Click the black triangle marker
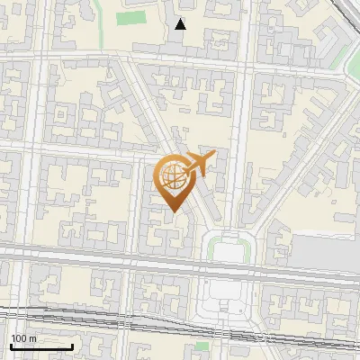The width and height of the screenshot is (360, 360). click(x=181, y=24)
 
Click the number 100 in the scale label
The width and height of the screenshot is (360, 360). click(x=19, y=338)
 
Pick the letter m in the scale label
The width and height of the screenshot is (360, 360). click(x=32, y=338)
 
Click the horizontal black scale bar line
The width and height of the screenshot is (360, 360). click(x=41, y=346)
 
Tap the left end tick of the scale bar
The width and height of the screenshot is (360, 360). click(x=11, y=346)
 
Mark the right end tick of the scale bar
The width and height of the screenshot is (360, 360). click(x=72, y=346)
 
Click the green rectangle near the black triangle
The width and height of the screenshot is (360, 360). click(x=131, y=18)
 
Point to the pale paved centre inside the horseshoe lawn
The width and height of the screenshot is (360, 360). click(x=229, y=251)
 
